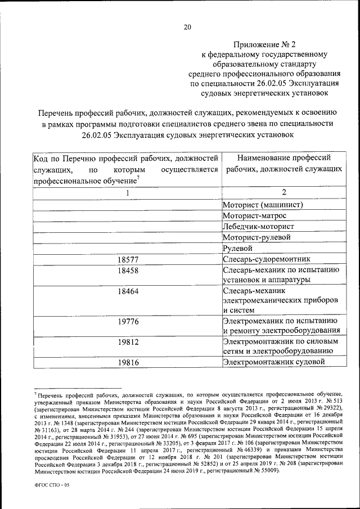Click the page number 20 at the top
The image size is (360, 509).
[187, 26]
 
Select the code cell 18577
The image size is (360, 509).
[128, 259]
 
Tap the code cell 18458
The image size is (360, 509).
[128, 271]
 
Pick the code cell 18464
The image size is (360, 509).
[128, 291]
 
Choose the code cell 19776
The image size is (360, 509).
[128, 321]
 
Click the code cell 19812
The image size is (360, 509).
[128, 342]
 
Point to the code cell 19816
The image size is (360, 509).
[128, 363]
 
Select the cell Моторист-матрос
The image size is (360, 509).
[254, 215]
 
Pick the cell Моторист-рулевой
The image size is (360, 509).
[256, 237]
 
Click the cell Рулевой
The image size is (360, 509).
[237, 248]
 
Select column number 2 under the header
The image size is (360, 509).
[284, 193]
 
